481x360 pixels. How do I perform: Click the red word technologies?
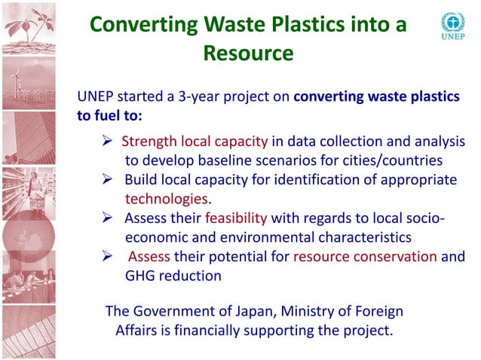point(165,199)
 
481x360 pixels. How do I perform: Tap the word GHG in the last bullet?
point(141,276)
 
